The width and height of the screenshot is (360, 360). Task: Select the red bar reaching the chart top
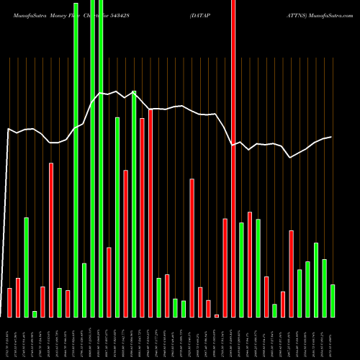coord(233,158)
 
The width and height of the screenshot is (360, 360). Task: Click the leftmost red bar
coord(10,302)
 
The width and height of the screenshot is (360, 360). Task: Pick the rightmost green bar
coord(332,300)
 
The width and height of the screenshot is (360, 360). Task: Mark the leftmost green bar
coord(26,267)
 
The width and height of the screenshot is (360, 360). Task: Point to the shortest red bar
coord(216,315)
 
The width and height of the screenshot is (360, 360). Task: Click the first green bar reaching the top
coord(76,158)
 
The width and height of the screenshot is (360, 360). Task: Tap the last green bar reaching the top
coord(100,158)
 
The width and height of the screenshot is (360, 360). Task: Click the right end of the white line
coord(331,137)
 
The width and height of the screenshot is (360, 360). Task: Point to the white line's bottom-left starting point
coord(1,316)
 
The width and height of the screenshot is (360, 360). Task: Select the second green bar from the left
coord(35,313)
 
